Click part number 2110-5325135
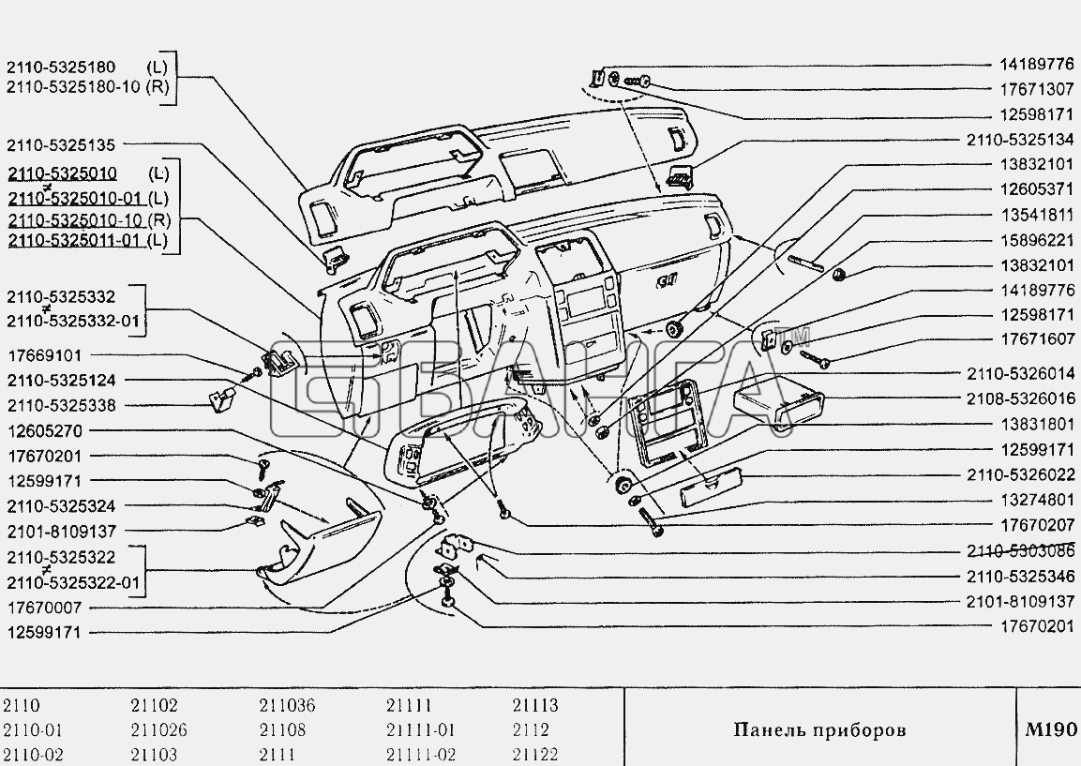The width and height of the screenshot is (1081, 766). pos(61,144)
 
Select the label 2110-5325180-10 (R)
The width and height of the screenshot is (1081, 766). pos(87,87)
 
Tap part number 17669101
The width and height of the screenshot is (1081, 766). pos(45,355)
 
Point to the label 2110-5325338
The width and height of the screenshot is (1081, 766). pos(61,405)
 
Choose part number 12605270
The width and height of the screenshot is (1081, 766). pos(45,431)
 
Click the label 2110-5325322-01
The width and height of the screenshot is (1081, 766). pos(74,582)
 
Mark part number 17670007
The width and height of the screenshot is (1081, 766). pos(45,608)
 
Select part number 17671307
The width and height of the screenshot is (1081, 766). pos(1037,89)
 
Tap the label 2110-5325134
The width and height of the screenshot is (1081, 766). pos(1020,140)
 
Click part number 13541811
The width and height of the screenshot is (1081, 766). pos(1037,215)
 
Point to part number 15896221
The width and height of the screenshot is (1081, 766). pos(1037,240)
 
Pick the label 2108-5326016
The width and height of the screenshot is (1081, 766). pos(1020,398)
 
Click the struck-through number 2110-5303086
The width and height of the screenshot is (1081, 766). pos(1020,551)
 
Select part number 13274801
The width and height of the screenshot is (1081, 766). pos(1037,500)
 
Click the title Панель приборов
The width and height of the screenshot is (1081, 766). pos(819,729)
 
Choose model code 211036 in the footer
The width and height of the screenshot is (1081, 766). pos(287,705)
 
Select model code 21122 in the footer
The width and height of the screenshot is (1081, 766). pos(535,754)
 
